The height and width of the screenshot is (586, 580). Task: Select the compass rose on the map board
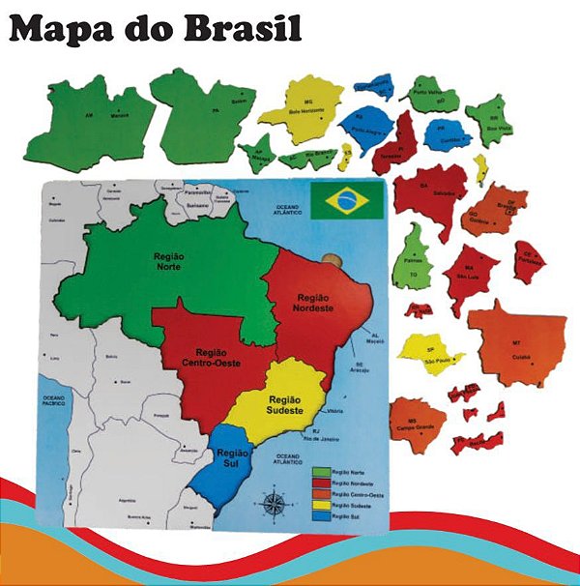pyautogui.click(x=275, y=503)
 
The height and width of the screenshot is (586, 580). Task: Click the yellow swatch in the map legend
pyautogui.click(x=320, y=505)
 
